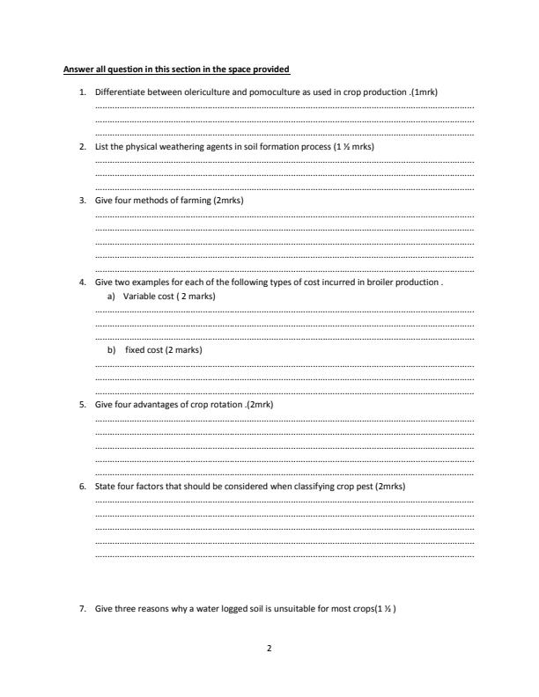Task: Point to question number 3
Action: click(x=82, y=201)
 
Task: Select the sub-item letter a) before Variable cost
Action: click(x=109, y=297)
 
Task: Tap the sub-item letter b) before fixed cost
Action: click(x=110, y=349)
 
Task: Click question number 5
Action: click(x=82, y=404)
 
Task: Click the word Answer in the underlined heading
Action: click(x=77, y=69)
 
